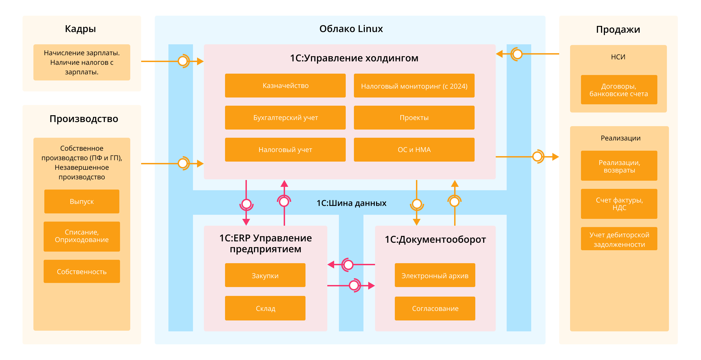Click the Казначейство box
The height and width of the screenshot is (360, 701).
coord(285,86)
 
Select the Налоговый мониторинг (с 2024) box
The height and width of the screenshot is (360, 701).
coord(414,86)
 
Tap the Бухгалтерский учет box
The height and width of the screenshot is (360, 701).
coord(285,118)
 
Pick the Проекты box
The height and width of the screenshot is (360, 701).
coord(414,118)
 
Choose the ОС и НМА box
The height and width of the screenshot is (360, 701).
coord(414,150)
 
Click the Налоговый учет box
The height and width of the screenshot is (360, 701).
coord(285,150)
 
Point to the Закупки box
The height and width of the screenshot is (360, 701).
coord(265,275)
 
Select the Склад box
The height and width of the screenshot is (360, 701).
coord(265,308)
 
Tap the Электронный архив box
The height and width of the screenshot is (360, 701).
coord(435,275)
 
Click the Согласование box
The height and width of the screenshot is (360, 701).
coord(435,308)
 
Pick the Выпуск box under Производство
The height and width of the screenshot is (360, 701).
coord(81,201)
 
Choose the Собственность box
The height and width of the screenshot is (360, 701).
coord(81,271)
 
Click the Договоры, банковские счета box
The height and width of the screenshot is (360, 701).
coord(619,90)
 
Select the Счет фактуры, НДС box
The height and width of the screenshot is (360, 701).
coord(619,204)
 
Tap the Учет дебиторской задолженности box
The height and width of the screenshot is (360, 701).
coord(619,239)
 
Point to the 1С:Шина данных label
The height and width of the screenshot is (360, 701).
coord(351,203)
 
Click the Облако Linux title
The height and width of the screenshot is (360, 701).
coord(351,29)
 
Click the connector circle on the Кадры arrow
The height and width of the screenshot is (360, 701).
coord(183,61)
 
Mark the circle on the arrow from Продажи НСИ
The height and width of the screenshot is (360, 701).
coord(517,54)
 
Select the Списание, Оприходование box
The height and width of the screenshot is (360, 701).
coord(81,236)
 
